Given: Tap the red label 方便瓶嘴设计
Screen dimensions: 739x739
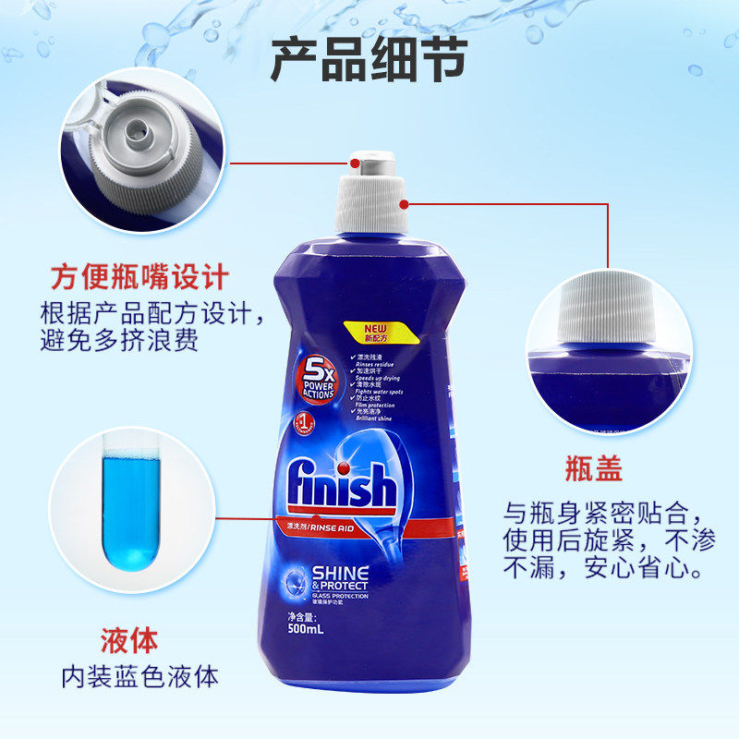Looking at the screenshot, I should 139,276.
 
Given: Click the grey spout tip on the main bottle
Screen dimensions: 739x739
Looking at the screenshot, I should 369,164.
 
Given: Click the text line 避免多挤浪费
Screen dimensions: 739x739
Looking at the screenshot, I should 120,339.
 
